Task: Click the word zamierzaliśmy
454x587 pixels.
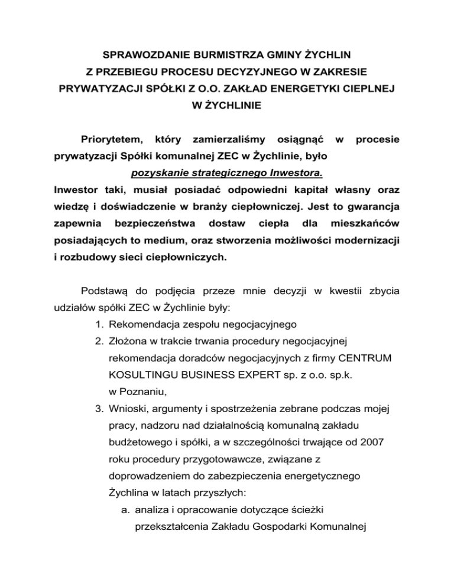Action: point(221,141)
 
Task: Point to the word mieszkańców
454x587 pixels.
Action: point(365,225)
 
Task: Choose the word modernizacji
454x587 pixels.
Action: point(362,242)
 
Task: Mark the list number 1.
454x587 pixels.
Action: point(98,324)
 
